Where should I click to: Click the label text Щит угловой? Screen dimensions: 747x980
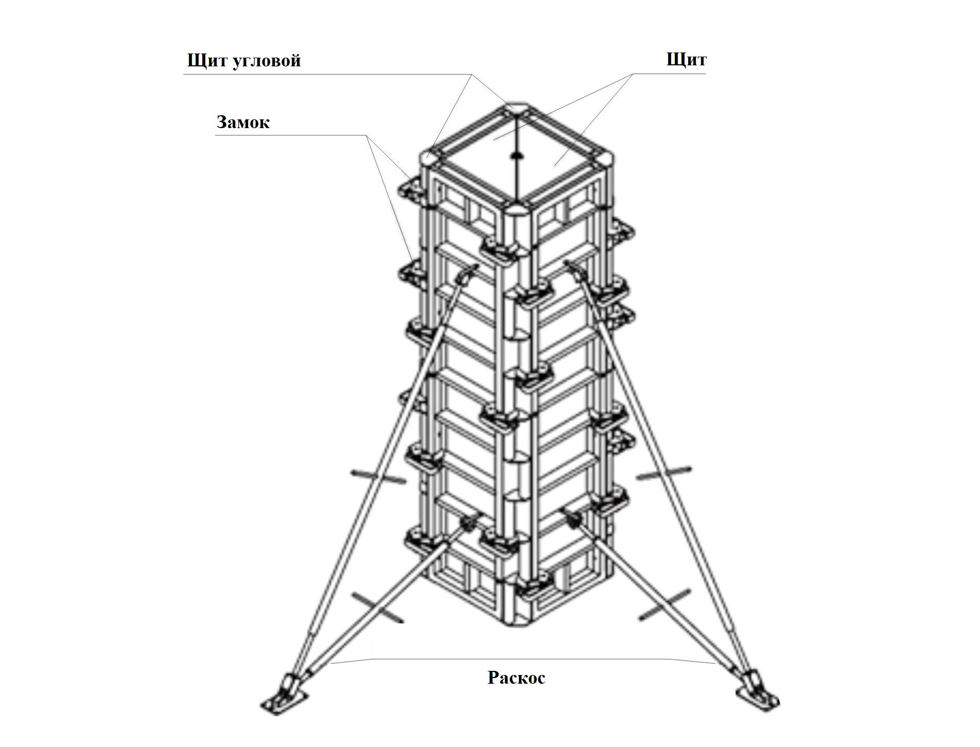tap(243, 61)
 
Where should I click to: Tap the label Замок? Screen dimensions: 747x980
tap(243, 122)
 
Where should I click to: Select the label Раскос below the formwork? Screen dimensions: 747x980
tap(516, 678)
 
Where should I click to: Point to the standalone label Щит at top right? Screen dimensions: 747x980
tap(686, 60)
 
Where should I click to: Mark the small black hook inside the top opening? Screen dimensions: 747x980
tap(516, 155)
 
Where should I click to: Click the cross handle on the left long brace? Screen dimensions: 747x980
tap(378, 476)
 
